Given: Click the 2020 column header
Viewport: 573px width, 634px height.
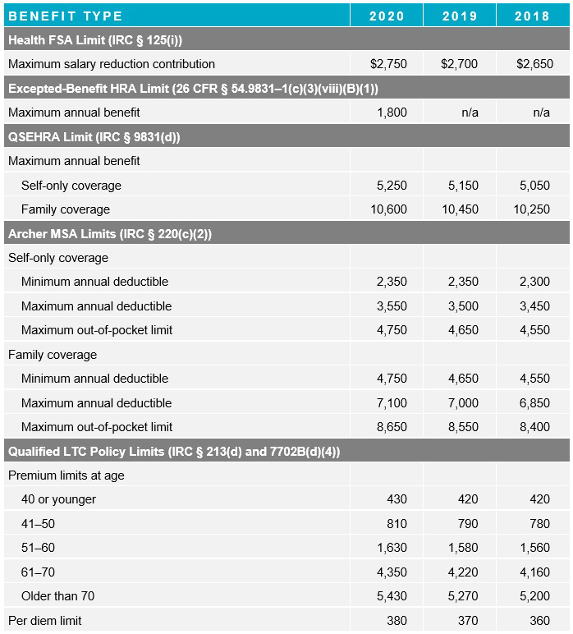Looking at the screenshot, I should tap(387, 16).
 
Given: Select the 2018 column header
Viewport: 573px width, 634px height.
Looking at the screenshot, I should tap(532, 16).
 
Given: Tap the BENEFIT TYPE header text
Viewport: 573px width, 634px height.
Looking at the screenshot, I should tap(66, 16).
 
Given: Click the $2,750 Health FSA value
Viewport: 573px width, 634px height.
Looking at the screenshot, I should tap(389, 64).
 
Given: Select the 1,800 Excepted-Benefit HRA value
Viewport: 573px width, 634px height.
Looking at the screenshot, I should tap(392, 113).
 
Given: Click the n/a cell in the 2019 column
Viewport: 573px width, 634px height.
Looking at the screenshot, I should tap(470, 113).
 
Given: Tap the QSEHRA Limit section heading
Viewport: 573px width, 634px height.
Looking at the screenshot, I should tap(94, 137).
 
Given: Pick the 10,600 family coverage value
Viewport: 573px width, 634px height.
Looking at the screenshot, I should tap(388, 209).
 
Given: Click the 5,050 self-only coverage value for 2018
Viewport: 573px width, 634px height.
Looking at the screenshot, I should tap(534, 186).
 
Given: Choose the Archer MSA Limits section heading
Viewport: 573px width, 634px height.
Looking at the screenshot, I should tap(110, 234).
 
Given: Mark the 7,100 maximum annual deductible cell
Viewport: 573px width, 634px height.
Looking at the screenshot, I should tap(392, 403).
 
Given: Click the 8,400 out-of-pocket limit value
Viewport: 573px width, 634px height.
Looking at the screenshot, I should tap(534, 427).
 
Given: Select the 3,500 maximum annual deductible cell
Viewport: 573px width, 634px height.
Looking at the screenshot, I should tap(463, 306).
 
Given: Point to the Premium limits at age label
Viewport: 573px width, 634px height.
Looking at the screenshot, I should tap(66, 475).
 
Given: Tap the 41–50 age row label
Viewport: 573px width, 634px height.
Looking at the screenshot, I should tap(39, 524).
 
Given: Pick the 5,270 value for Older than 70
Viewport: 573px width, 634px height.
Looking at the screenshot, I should tap(463, 596).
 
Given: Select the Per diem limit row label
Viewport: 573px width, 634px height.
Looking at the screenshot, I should tap(45, 621).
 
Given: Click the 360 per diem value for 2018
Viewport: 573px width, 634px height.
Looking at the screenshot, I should tap(539, 621).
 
